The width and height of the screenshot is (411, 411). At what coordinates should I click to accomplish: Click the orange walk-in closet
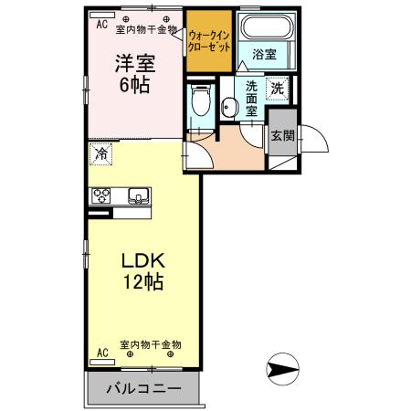tap(210, 42)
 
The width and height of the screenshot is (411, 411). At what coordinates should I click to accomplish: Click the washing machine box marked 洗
tap(277, 89)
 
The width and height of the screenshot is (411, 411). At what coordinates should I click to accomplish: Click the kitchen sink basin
tap(138, 195)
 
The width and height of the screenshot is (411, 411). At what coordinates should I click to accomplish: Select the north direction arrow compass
tap(283, 370)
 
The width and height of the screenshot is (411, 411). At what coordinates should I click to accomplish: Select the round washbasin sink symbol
tap(227, 108)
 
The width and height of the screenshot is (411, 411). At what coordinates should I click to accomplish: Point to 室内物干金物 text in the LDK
tap(151, 345)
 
